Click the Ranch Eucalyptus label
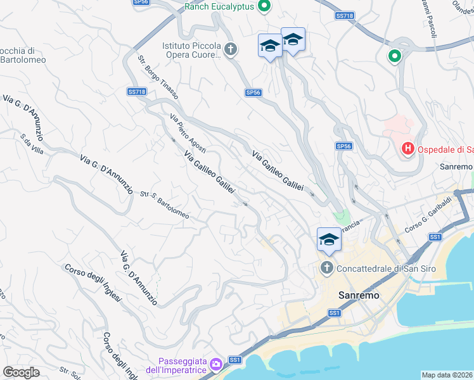[219, 7]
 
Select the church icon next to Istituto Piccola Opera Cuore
[231, 49]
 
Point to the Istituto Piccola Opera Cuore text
[191, 51]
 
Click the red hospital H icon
[408, 149]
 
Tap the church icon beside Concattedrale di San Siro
[327, 268]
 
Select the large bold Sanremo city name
[359, 295]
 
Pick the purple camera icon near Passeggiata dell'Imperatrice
[216, 364]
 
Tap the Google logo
[21, 372]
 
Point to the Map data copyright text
[447, 375]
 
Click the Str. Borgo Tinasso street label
[158, 77]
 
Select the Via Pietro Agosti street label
[188, 132]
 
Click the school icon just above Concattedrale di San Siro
[329, 240]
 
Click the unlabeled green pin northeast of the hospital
[395, 56]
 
